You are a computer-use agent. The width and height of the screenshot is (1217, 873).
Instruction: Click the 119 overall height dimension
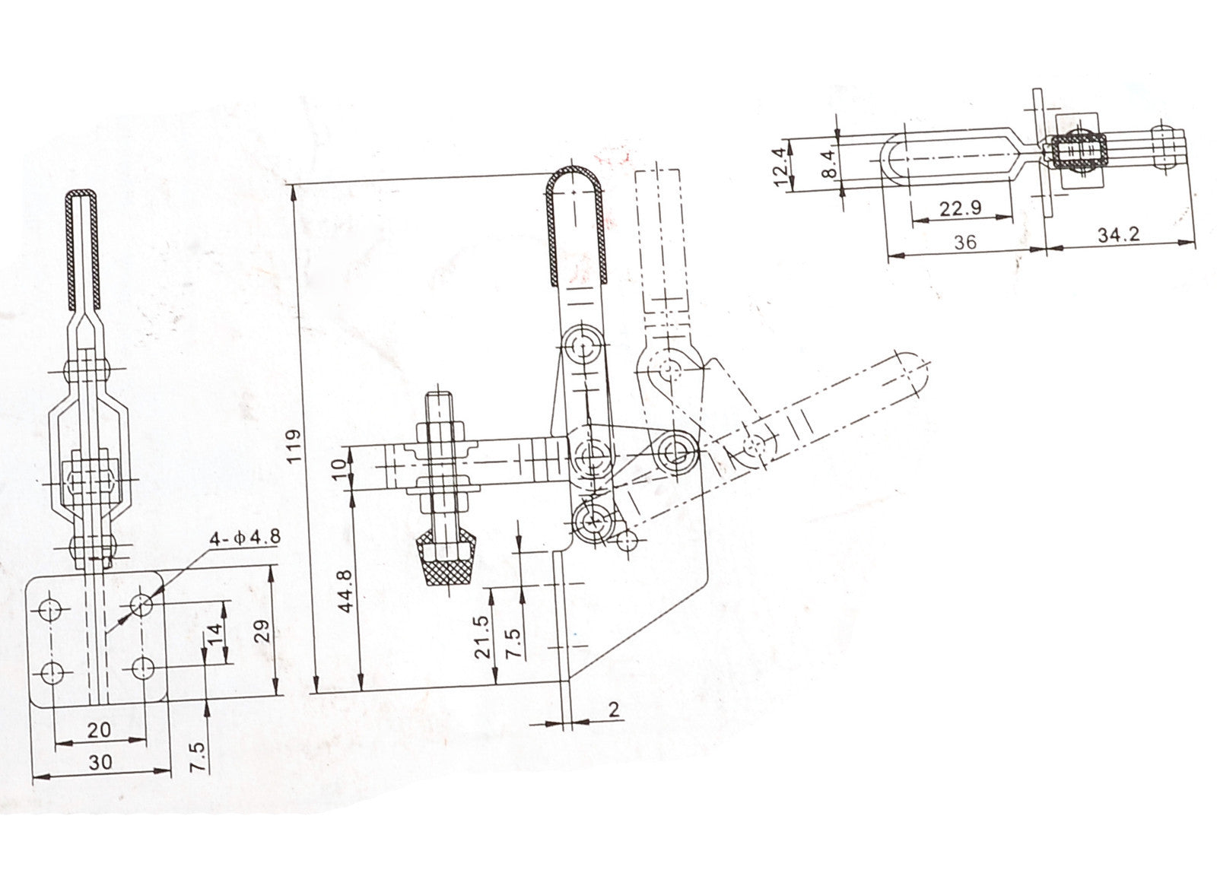(294, 446)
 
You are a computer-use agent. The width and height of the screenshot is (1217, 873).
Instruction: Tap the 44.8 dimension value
(346, 591)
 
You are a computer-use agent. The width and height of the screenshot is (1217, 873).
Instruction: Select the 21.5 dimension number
(482, 636)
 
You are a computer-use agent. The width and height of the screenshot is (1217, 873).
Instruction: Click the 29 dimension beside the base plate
(262, 630)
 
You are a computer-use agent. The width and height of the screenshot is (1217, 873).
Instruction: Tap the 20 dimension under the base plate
(99, 729)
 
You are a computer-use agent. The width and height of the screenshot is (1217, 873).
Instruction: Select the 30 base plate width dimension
(100, 762)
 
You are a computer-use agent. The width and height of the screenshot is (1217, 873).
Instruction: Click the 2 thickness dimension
(614, 710)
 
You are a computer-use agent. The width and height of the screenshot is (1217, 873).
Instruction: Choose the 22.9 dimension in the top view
(961, 208)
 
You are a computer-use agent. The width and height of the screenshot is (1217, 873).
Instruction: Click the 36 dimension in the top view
(965, 243)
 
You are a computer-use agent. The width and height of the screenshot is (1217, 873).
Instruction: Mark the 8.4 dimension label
(828, 164)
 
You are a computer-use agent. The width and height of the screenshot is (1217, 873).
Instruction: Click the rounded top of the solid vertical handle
(575, 176)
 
